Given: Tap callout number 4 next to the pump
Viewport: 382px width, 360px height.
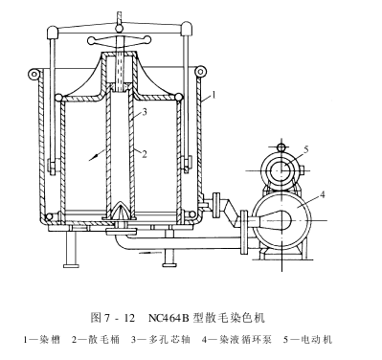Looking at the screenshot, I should [x=324, y=195].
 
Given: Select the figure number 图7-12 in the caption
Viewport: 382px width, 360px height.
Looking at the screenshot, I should [x=117, y=315].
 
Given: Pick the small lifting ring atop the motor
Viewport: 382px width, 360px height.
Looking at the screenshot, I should [x=279, y=146].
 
